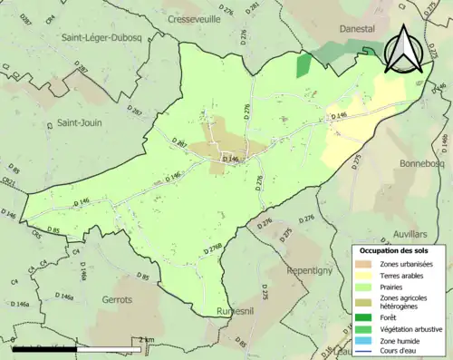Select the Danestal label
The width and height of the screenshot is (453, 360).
pyautogui.click(x=356, y=29)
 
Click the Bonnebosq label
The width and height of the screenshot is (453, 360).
pyautogui.click(x=419, y=164)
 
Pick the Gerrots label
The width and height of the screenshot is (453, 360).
pyautogui.click(x=115, y=299)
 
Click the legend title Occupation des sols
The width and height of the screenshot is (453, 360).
pyautogui.click(x=399, y=249)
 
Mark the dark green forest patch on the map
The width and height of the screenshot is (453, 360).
pyautogui.click(x=304, y=65)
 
